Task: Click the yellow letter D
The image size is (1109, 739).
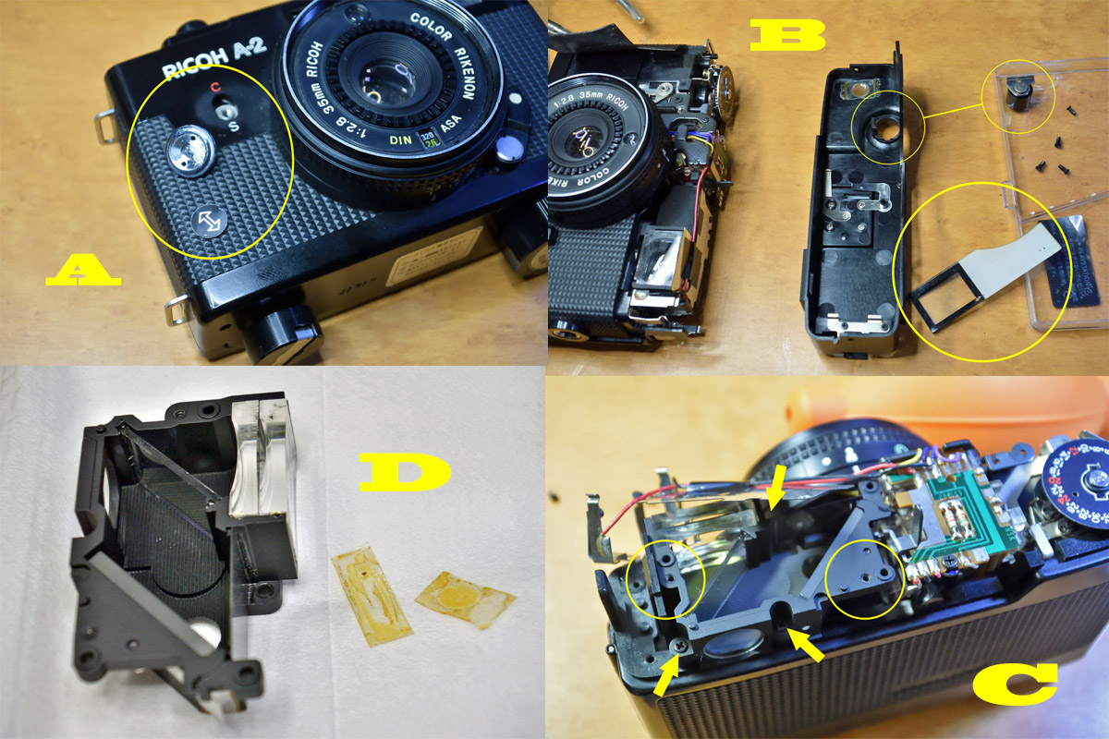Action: tap(404, 474)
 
